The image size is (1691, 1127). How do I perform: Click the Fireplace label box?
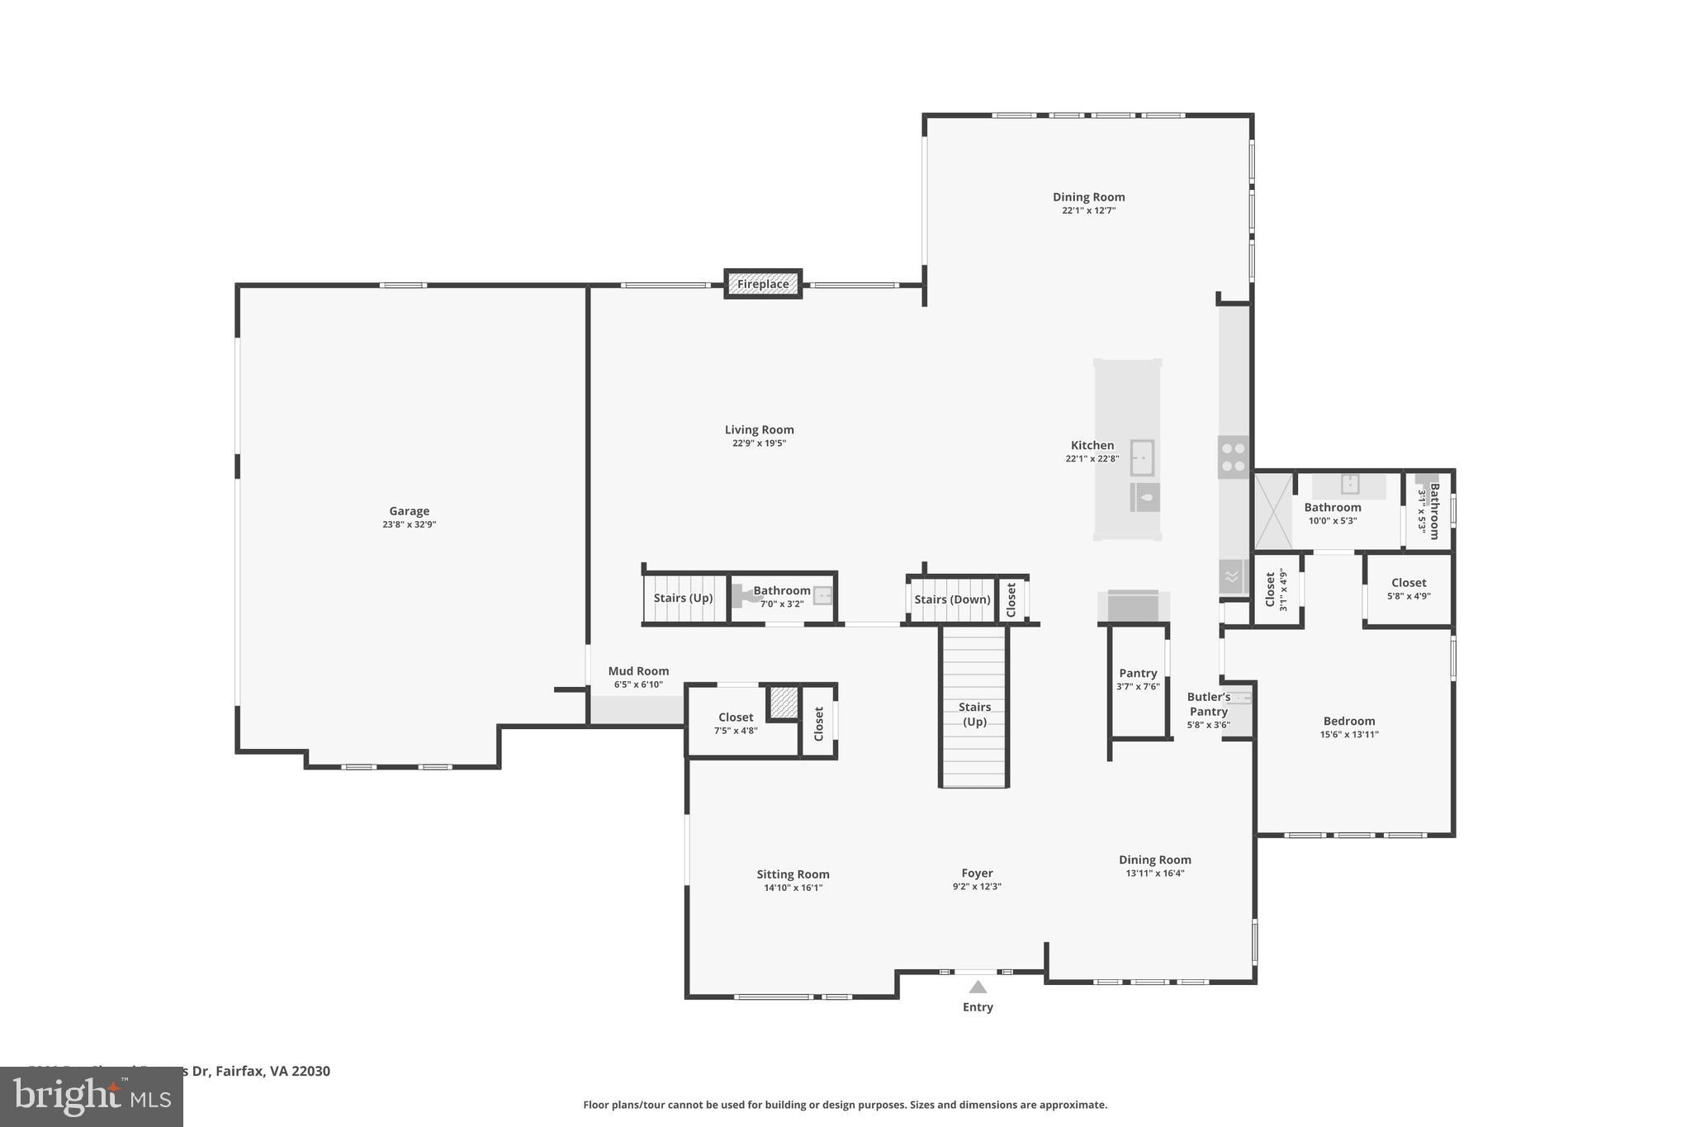click(763, 284)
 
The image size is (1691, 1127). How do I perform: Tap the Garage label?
click(409, 511)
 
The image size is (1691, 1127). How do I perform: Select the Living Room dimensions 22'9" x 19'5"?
click(759, 443)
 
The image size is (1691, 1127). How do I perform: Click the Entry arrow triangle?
click(978, 987)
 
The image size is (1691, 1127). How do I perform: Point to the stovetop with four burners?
click(1234, 457)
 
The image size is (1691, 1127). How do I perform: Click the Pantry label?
click(1138, 673)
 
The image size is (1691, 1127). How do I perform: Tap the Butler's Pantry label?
click(1209, 704)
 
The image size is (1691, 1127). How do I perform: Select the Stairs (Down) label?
click(952, 599)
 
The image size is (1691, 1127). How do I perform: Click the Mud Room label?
click(638, 671)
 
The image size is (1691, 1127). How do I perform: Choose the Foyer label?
click(977, 873)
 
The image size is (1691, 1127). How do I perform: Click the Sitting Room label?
click(793, 874)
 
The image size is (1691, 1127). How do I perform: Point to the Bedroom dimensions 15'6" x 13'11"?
click(1349, 735)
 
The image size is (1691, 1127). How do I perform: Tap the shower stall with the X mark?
click(1273, 510)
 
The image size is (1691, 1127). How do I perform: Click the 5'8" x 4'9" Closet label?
click(1409, 583)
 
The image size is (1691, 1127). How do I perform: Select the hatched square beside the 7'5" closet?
click(784, 703)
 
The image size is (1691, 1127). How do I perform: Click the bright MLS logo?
click(92, 1096)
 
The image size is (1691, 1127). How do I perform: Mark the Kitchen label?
click(1092, 445)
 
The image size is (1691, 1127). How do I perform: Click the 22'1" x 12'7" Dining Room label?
click(1088, 197)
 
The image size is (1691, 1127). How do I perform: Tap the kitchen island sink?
click(1142, 457)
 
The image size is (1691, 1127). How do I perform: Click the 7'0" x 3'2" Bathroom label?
click(781, 590)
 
